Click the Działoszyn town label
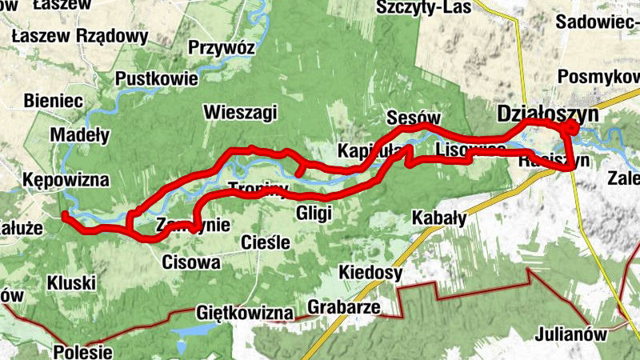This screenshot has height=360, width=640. [547, 113]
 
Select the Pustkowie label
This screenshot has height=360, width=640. [156, 78]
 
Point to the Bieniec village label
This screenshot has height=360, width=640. [54, 101]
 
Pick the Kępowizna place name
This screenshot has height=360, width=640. [66, 178]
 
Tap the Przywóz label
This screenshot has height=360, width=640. [221, 48]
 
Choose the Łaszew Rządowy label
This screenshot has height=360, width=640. [81, 36]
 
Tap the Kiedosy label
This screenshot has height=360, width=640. [370, 273]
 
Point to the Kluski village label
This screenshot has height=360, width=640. [71, 282]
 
